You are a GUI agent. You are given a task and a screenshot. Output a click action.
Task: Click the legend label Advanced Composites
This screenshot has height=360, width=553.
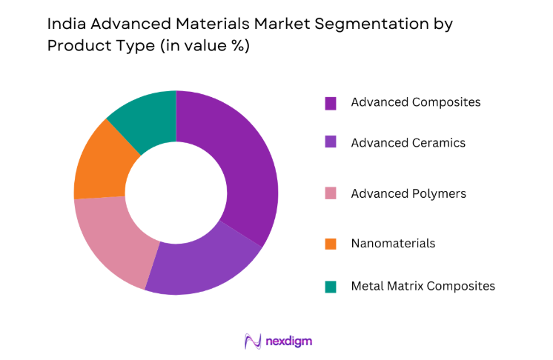(x=415, y=102)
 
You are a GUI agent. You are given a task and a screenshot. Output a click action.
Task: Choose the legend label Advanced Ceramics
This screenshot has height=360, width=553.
(x=408, y=142)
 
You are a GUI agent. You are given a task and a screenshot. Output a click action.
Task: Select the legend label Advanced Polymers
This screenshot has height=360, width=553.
(x=408, y=193)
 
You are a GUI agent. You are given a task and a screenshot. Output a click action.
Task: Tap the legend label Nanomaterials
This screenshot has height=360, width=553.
(x=393, y=243)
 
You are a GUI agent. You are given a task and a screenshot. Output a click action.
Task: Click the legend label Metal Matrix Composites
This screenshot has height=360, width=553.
(x=423, y=285)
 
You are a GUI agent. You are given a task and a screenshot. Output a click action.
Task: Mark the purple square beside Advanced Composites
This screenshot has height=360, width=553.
(x=331, y=103)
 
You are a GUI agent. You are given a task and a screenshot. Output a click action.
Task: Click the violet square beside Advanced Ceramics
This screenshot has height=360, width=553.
(x=331, y=143)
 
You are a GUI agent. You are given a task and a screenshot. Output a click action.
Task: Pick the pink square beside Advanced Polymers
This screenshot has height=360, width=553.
(x=331, y=194)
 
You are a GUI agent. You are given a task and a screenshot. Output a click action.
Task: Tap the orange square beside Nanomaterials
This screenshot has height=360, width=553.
(x=331, y=244)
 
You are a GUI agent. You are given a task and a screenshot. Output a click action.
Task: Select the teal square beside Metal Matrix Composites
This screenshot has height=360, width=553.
(x=331, y=286)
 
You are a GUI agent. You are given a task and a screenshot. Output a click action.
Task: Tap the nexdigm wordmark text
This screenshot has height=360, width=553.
(x=287, y=341)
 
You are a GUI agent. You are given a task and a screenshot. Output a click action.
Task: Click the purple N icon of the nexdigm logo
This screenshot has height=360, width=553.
(x=251, y=341)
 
